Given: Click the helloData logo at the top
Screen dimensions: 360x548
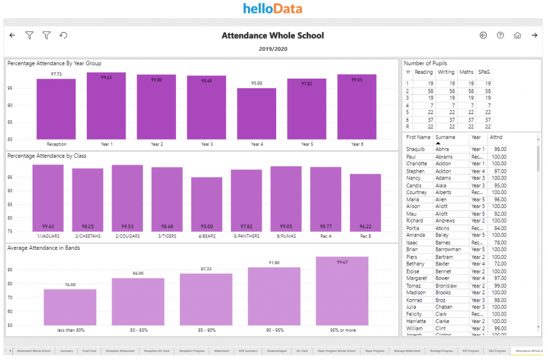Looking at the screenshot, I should pyautogui.click(x=272, y=9).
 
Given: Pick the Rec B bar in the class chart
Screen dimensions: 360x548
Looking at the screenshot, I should pyautogui.click(x=365, y=203).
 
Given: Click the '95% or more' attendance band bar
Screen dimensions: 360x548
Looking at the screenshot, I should pyautogui.click(x=342, y=291).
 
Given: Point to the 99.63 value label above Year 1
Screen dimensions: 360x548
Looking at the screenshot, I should pyautogui.click(x=106, y=78).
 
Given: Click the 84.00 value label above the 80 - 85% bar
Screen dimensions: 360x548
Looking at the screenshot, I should pyautogui.click(x=138, y=273).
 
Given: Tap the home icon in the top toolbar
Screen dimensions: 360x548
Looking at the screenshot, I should pyautogui.click(x=517, y=35).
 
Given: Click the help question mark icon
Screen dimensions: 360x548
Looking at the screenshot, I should pyautogui.click(x=500, y=35).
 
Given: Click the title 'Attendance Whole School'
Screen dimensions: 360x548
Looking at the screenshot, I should pyautogui.click(x=272, y=36).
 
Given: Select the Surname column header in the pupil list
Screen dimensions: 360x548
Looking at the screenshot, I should pyautogui.click(x=445, y=137).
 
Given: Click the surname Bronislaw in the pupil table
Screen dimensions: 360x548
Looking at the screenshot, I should pyautogui.click(x=446, y=286).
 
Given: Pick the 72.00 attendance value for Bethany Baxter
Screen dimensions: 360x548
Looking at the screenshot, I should pyautogui.click(x=499, y=264).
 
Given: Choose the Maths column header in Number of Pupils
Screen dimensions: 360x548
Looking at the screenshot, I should pyautogui.click(x=466, y=72).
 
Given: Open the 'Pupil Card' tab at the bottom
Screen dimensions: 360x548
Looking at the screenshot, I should pyautogui.click(x=89, y=351).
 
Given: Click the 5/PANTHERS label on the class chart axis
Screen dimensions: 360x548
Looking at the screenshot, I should pyautogui.click(x=246, y=236).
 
